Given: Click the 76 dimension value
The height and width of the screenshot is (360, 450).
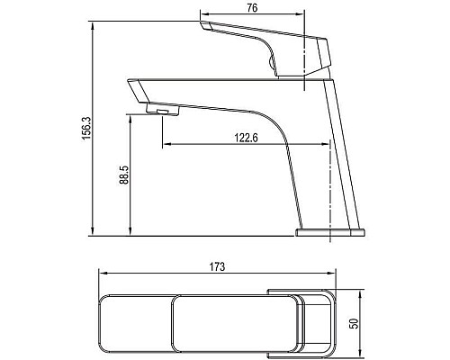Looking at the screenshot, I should click(x=253, y=8).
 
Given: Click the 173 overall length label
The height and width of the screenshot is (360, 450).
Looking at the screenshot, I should click(x=218, y=266).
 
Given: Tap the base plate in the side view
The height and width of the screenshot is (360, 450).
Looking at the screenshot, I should click(x=331, y=233).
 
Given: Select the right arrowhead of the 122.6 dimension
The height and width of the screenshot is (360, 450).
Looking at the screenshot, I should click(x=323, y=144).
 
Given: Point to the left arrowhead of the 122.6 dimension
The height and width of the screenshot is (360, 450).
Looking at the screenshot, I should click(x=166, y=144).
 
